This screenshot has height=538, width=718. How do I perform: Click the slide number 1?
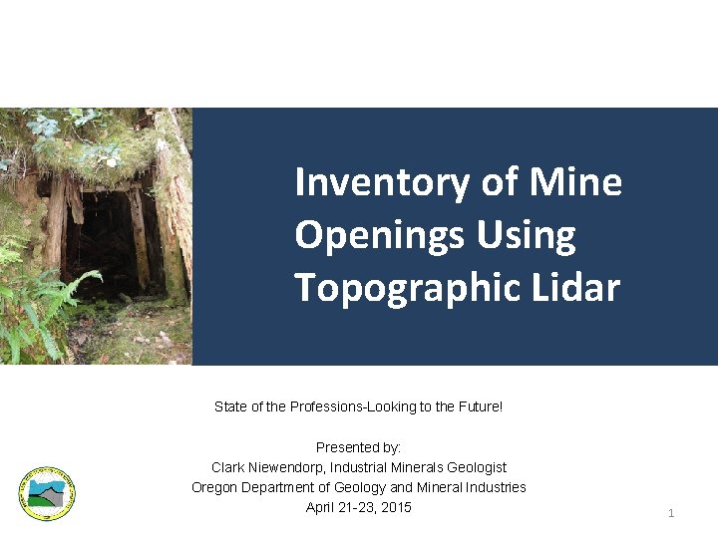pyautogui.click(x=671, y=513)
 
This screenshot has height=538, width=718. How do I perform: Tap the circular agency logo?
pyautogui.click(x=46, y=493)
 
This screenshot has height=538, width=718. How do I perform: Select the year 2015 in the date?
pyautogui.click(x=396, y=508)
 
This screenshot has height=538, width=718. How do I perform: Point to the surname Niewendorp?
pyautogui.click(x=285, y=467)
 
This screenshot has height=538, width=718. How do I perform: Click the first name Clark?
pyautogui.click(x=227, y=467)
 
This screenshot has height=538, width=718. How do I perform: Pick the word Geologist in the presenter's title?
pyautogui.click(x=476, y=467)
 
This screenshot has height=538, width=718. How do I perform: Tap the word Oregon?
pyautogui.click(x=214, y=487)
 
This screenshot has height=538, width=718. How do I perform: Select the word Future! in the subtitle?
pyautogui.click(x=482, y=406)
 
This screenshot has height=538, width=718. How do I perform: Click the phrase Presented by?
pyautogui.click(x=358, y=447)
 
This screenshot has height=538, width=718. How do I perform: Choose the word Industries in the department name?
pyautogui.click(x=496, y=487)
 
